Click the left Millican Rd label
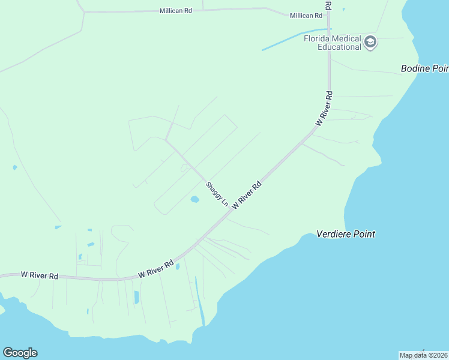pos(175,11)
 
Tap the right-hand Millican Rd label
pos(306,16)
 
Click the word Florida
pos(318,38)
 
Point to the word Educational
pos(340,46)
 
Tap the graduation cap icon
pos(370,42)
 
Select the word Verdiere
pos(335,234)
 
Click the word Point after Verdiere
pos(364,234)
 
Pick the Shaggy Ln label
pos(217,194)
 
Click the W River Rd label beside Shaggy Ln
pos(247,194)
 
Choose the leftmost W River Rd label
pos(40,275)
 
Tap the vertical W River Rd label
pos(324,108)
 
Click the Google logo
pos(20,353)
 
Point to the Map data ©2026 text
pos(423,355)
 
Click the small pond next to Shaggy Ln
pos(194,199)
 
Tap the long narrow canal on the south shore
pos(200,301)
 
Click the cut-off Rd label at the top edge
pos(328,4)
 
